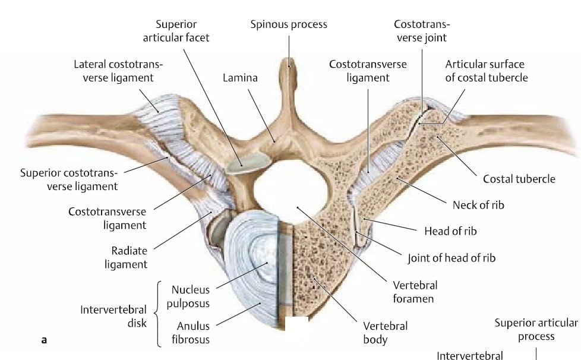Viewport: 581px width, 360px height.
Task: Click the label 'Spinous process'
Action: tap(288, 25)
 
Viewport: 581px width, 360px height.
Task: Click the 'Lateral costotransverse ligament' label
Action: tap(119, 70)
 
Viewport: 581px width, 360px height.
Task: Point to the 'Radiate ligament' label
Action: tap(129, 257)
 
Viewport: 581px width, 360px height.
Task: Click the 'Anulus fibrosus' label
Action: tap(193, 333)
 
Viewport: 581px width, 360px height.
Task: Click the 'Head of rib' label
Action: tap(450, 231)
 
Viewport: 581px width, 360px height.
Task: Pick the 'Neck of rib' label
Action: tap(478, 205)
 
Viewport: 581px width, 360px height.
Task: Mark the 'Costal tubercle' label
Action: tap(519, 179)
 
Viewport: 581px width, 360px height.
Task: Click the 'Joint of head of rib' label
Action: tap(451, 258)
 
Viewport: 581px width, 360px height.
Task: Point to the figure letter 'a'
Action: tap(43, 340)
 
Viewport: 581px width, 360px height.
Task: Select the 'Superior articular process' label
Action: tap(536, 329)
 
